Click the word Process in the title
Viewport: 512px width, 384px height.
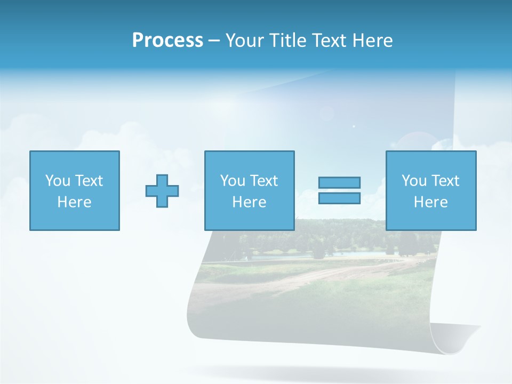click(x=167, y=41)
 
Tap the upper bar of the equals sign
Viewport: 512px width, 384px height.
click(x=339, y=182)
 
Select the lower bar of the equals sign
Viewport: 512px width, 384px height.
click(x=339, y=198)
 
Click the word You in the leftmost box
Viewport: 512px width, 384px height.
click(x=58, y=181)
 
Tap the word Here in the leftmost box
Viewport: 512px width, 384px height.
click(x=74, y=202)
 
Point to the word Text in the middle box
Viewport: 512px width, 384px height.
click(x=264, y=181)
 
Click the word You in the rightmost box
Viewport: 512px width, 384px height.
click(x=414, y=181)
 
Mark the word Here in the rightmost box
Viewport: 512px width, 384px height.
click(x=430, y=202)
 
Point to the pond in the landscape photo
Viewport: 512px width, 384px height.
click(x=320, y=255)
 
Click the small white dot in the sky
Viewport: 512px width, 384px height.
click(x=354, y=126)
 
